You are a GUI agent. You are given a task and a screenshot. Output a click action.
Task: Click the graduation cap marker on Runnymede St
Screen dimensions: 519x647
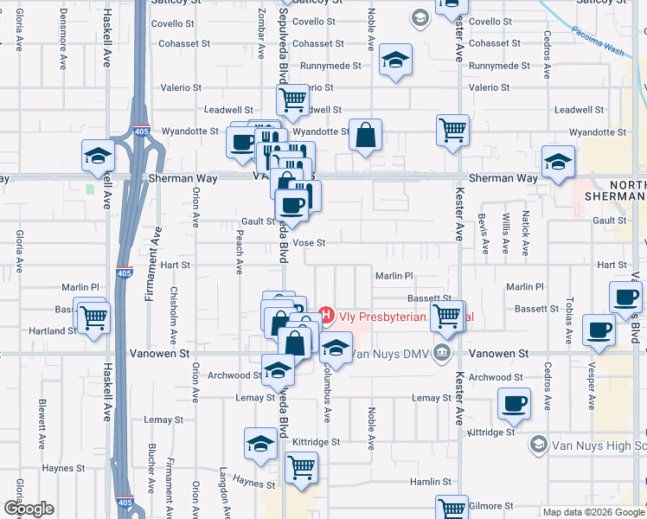(x=395, y=61)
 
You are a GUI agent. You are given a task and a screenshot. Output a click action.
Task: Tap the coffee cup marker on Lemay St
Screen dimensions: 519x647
(x=515, y=404)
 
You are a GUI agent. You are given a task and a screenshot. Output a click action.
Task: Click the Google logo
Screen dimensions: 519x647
(x=28, y=509)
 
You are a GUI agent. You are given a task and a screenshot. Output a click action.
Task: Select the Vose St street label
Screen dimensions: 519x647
(x=308, y=243)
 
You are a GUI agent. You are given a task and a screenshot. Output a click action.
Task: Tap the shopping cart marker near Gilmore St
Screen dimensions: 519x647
(x=452, y=509)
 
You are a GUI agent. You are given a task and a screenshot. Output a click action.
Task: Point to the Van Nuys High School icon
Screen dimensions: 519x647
(x=537, y=445)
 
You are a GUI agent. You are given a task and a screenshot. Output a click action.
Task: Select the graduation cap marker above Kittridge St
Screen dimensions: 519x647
(x=260, y=445)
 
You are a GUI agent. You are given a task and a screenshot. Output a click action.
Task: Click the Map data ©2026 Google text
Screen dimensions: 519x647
(x=593, y=512)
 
